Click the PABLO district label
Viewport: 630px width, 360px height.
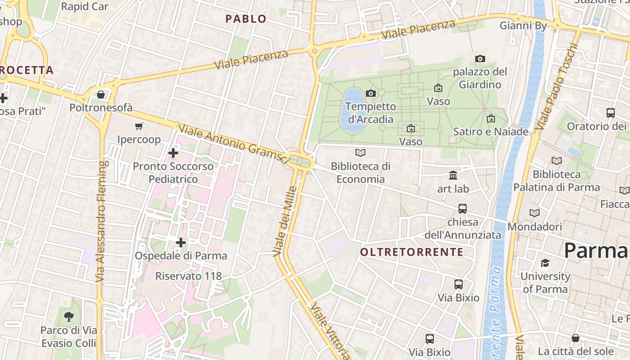click(246, 19)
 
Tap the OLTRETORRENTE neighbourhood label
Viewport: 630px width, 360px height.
click(412, 252)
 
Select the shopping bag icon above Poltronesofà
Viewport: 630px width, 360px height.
click(101, 94)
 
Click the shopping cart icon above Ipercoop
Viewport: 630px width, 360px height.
click(139, 126)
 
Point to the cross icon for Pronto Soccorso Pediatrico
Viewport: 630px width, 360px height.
click(173, 153)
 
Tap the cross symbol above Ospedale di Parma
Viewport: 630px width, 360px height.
click(181, 243)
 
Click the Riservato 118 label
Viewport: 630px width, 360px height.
click(189, 276)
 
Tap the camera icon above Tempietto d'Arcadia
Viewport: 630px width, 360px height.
click(371, 93)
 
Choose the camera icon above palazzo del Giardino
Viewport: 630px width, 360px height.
click(480, 58)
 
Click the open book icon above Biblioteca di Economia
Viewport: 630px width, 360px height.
click(360, 153)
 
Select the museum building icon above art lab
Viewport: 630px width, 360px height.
click(453, 175)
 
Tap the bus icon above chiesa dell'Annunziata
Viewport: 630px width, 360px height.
click(463, 209)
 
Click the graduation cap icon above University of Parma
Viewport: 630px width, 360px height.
click(545, 263)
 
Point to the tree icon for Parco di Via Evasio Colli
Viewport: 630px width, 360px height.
click(69, 316)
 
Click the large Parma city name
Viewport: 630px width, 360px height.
click(596, 250)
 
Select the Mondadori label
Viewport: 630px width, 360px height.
click(535, 227)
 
